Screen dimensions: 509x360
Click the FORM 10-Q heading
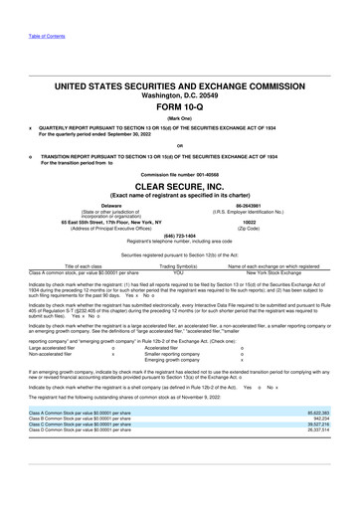pos(180,108)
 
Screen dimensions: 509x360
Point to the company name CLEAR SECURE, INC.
pos(180,184)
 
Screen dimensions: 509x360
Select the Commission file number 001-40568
pos(180,173)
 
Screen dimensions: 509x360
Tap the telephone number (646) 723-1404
pos(180,236)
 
